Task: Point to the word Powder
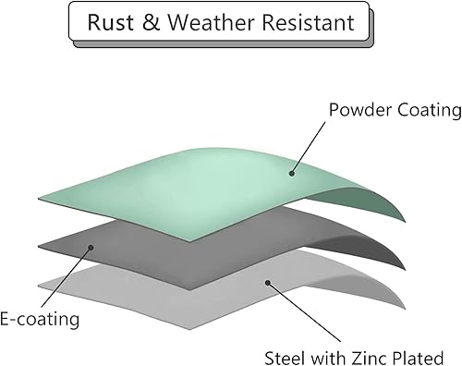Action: point(356,110)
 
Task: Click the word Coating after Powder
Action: point(426,110)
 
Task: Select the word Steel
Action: point(284,357)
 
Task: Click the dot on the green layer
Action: point(291,172)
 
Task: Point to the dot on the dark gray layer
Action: point(90,248)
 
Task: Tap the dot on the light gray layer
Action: point(267,282)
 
